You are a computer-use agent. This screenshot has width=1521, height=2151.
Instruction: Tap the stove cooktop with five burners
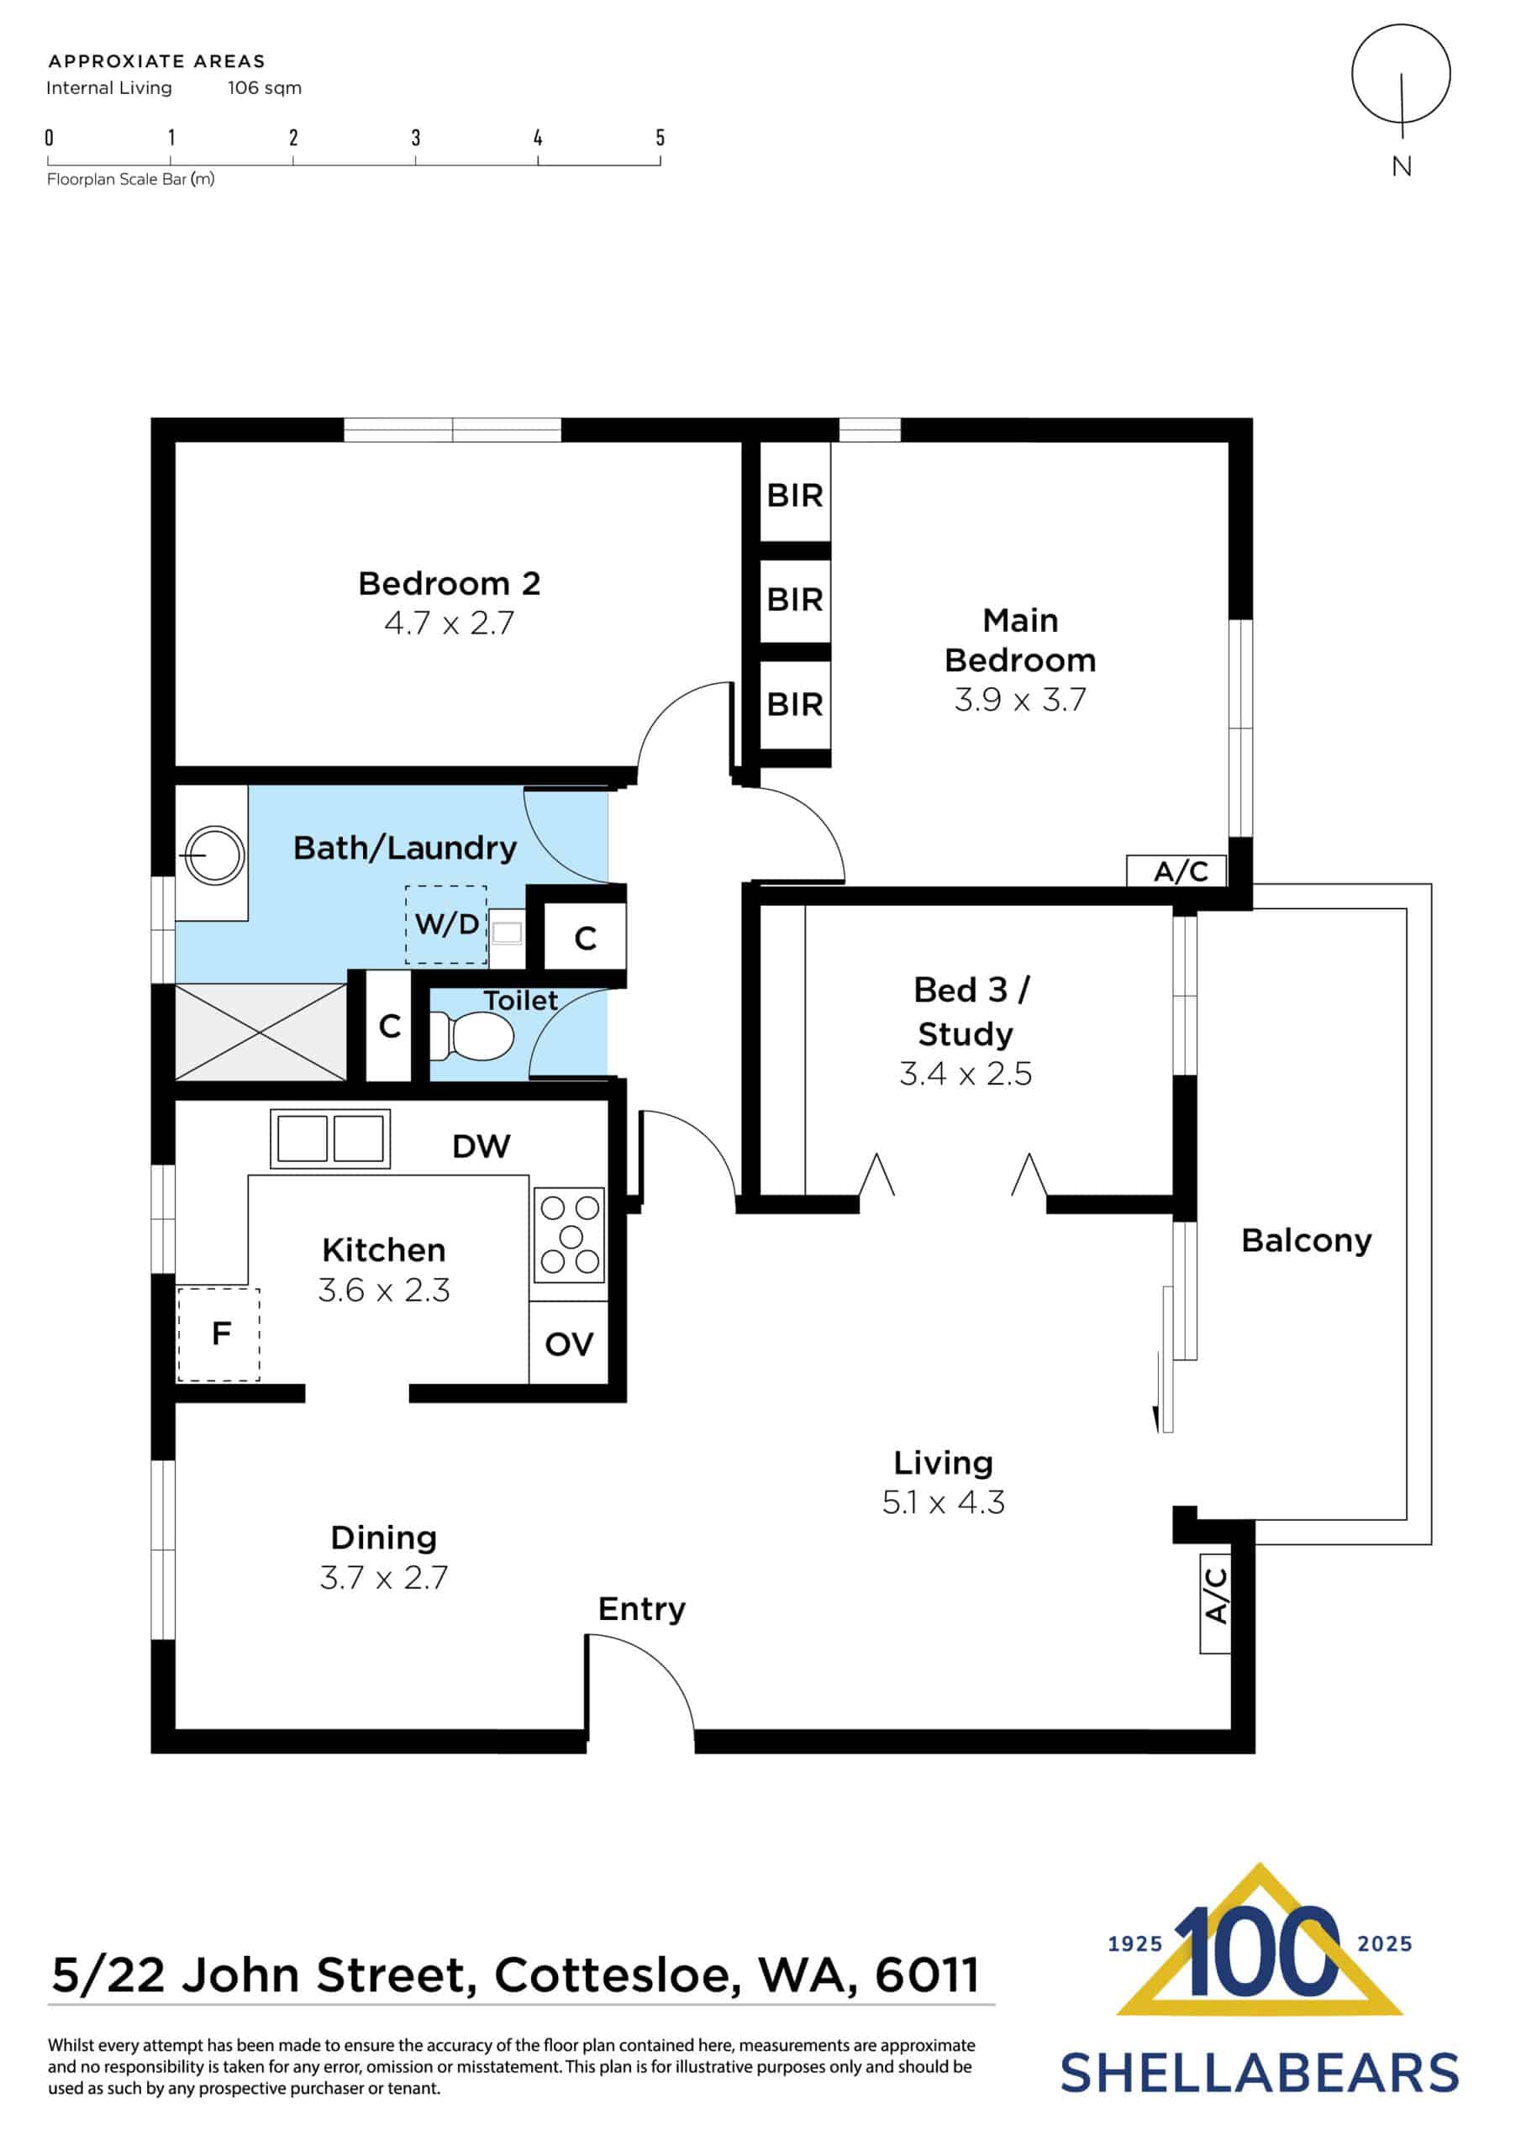tap(569, 1236)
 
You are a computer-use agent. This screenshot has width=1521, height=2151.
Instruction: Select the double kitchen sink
tap(330, 1139)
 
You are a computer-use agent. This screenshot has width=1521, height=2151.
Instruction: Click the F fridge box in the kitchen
tap(219, 1334)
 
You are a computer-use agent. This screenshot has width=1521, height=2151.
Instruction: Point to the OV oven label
tap(569, 1345)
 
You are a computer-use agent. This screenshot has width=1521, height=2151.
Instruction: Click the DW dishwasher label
tap(481, 1147)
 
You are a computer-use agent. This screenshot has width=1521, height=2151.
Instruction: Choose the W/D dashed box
tap(446, 924)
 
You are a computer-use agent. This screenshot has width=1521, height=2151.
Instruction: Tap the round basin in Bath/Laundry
tap(214, 855)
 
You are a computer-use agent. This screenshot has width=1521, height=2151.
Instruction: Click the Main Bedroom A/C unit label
tap(1180, 871)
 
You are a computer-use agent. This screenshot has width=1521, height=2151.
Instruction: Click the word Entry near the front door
tap(642, 1610)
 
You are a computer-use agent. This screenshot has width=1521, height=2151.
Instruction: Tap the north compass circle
tap(1400, 75)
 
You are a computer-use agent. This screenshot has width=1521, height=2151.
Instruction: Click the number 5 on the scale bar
tap(660, 139)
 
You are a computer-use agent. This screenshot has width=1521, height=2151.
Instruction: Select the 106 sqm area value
tap(264, 88)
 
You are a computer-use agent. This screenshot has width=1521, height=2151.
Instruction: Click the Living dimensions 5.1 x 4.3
tap(943, 1502)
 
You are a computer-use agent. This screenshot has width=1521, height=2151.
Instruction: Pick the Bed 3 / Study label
tap(966, 1012)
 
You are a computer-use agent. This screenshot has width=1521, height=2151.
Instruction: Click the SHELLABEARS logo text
tap(1259, 2072)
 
